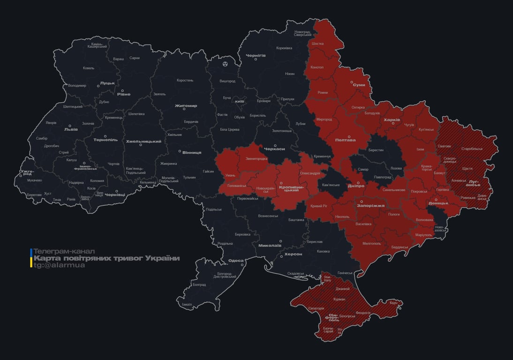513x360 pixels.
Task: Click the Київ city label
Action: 240,101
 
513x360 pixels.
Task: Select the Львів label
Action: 72,129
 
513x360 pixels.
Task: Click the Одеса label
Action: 235,261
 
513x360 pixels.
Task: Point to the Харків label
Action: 392,120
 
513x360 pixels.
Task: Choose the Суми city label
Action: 359,85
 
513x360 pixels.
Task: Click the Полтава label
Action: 345,140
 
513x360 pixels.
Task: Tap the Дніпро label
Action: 356,186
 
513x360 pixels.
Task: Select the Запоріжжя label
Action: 370,205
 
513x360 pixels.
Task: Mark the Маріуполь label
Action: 424,234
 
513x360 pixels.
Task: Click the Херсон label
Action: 293,254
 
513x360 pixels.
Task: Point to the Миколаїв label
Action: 270,245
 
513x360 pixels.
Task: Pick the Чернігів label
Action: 256,55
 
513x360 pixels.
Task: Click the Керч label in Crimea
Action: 393,303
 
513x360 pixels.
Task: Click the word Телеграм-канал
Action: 64,251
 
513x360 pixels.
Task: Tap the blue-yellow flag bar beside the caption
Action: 31,258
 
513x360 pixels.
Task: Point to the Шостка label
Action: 317,44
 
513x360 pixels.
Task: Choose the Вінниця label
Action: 191,153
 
